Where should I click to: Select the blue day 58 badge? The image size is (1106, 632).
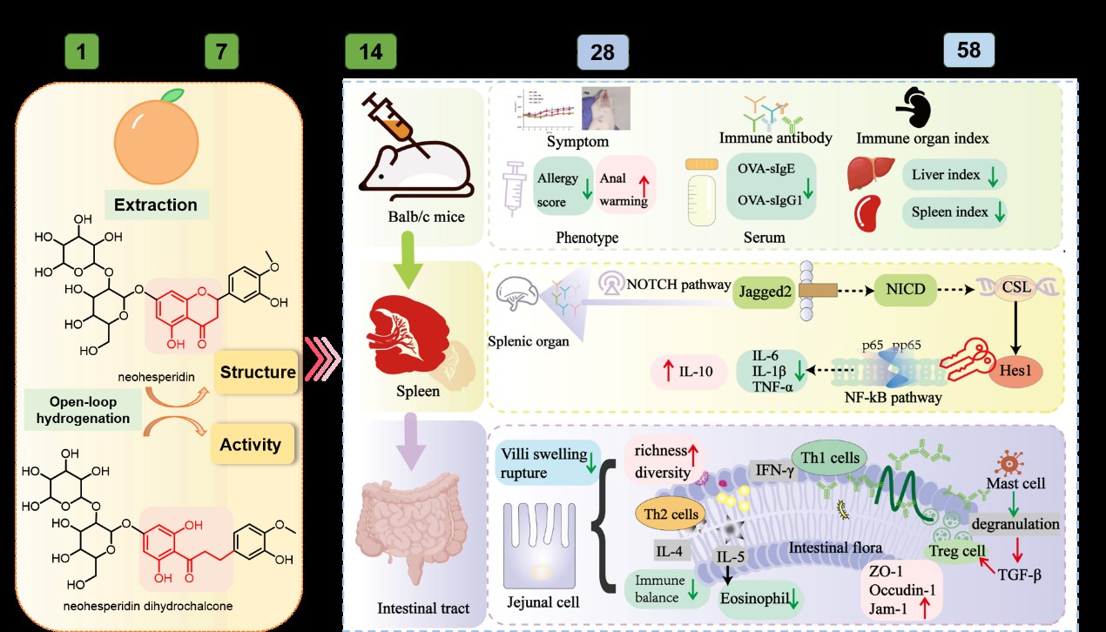[x=968, y=50]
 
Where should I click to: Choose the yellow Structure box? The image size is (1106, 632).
[x=257, y=373]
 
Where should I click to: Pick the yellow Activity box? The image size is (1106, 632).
[x=251, y=444]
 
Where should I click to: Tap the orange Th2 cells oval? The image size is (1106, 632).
[x=671, y=514]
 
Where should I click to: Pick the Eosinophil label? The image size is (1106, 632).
[x=759, y=597]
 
